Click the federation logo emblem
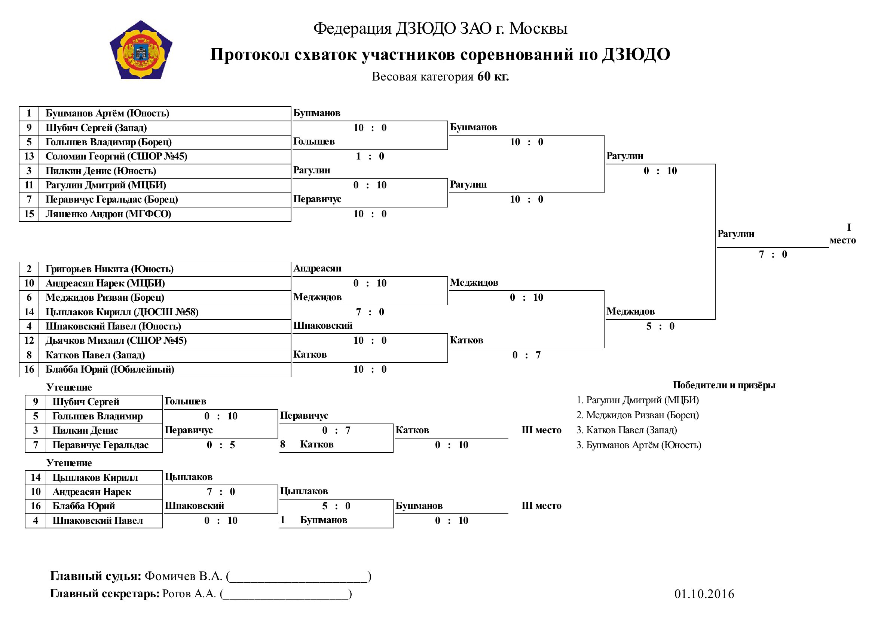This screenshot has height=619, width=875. (141, 50)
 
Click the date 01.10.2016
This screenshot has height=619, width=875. (704, 594)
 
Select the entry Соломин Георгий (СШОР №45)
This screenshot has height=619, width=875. (116, 157)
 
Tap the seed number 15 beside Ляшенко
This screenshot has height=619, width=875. (29, 214)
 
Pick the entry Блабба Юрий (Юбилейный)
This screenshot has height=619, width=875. (110, 370)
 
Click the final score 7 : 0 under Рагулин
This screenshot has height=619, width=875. (773, 254)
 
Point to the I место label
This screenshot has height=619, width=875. (843, 234)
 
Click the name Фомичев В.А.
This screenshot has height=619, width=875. (183, 576)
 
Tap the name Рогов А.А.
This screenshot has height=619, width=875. (189, 594)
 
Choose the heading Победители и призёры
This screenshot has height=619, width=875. (724, 385)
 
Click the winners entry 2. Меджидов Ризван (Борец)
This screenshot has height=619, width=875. (637, 415)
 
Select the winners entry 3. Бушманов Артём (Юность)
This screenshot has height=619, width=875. (639, 445)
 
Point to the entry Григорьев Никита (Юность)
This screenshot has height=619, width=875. (109, 269)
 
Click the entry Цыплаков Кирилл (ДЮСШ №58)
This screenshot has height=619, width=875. (122, 312)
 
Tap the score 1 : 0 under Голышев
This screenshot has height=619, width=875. (370, 157)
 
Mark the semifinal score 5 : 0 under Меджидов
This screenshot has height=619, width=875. (660, 327)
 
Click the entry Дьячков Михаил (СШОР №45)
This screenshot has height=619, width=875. (116, 341)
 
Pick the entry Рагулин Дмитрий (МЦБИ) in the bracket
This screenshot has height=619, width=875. (105, 185)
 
